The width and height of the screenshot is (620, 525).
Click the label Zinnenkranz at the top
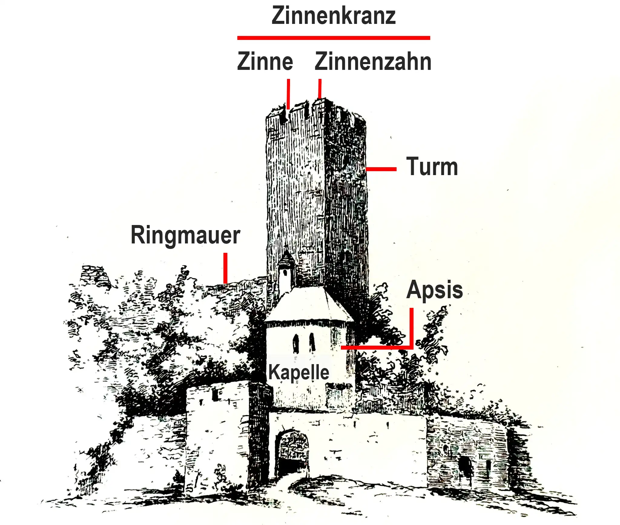click(x=334, y=16)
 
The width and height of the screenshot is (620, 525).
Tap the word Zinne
click(x=265, y=62)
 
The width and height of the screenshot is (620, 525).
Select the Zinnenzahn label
click(x=373, y=62)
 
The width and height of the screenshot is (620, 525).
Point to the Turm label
click(x=432, y=166)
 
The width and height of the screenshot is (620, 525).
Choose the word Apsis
click(x=435, y=290)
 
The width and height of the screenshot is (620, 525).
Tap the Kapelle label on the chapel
click(x=299, y=372)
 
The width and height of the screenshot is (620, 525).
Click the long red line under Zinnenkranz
click(x=334, y=38)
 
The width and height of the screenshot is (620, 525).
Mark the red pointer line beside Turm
click(x=381, y=169)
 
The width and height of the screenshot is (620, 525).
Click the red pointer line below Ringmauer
click(x=225, y=268)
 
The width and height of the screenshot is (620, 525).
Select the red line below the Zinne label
click(x=289, y=94)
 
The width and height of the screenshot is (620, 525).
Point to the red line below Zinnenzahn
click(x=320, y=89)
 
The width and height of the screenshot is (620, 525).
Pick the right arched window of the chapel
click(x=312, y=343)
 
